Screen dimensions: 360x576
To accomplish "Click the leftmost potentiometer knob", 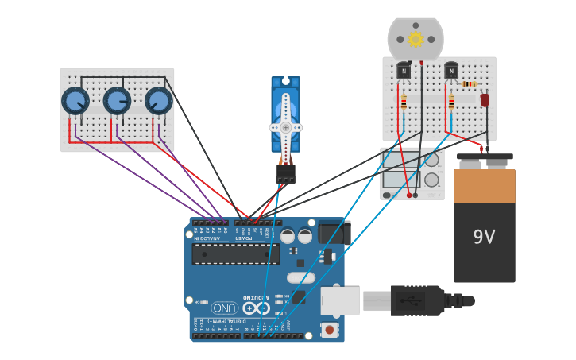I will [75, 101].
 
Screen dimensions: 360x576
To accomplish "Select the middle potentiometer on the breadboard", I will [117, 101].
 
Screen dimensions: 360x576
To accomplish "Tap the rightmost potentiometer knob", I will [158, 101].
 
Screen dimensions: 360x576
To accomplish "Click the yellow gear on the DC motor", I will [416, 39].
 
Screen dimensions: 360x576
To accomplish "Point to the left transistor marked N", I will [404, 72].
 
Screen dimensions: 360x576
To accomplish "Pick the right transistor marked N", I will [451, 72].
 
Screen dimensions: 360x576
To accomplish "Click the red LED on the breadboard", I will [485, 100].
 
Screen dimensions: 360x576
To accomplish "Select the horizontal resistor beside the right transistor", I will [469, 83].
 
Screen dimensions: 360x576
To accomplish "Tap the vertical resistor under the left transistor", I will [404, 102].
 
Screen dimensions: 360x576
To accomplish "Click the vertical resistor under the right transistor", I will [451, 103].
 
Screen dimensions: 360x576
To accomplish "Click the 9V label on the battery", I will [484, 237].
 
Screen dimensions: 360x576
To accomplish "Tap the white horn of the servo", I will [285, 127].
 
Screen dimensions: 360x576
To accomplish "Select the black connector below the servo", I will [285, 173].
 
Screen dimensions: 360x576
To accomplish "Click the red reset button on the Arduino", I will [328, 328].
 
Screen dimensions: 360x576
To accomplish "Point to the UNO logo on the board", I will [225, 308].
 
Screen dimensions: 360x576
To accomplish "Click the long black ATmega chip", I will [235, 254].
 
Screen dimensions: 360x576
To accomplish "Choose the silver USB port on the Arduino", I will [339, 300].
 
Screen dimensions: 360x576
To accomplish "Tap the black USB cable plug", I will [416, 300].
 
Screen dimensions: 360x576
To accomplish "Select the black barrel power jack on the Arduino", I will [334, 233].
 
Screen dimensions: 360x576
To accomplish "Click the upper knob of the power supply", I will [431, 160].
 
